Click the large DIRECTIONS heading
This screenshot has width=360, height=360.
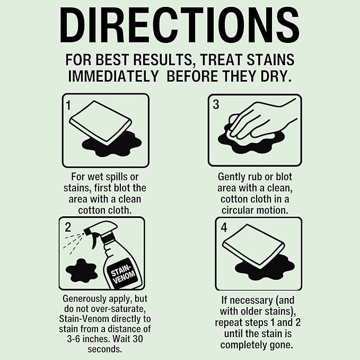click(180, 25)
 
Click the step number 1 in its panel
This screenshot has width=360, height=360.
click(68, 105)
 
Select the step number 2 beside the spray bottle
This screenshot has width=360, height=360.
click(68, 227)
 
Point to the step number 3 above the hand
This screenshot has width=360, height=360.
click(216, 104)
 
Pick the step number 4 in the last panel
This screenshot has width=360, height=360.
click(224, 227)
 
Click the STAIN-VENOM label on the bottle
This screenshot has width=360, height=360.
click(123, 274)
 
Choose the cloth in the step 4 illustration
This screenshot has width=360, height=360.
click(254, 245)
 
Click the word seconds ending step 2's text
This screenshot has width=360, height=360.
click(104, 349)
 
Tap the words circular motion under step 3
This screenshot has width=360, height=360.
click(255, 210)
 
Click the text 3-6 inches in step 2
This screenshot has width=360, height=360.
click(88, 339)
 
